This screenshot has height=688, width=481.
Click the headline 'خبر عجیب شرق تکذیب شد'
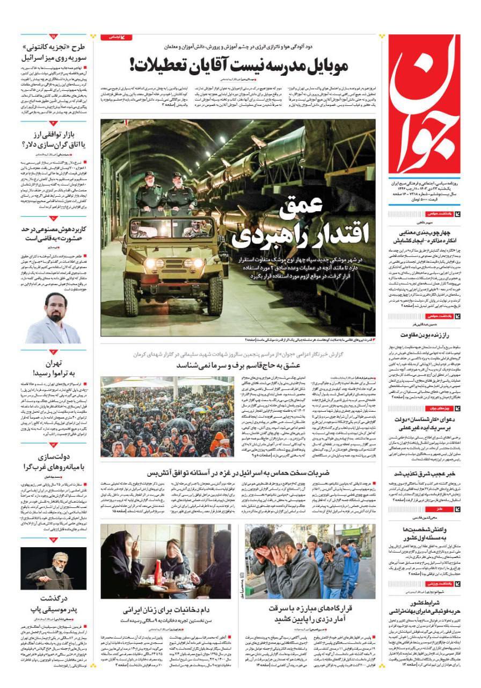point(424,474)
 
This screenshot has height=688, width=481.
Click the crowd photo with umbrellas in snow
point(167,417)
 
